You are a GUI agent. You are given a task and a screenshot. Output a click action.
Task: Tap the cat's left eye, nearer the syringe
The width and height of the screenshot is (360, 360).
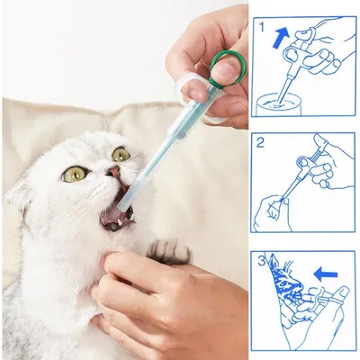tap(120, 155)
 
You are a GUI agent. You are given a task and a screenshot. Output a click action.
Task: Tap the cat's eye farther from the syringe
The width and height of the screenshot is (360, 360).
tap(74, 174)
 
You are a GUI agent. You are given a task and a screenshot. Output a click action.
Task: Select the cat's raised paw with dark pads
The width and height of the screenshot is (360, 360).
tap(166, 251)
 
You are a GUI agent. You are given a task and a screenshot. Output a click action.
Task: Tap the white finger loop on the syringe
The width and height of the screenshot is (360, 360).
tap(192, 88)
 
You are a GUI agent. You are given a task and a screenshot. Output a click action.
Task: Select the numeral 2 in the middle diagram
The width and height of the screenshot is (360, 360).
tap(259, 142)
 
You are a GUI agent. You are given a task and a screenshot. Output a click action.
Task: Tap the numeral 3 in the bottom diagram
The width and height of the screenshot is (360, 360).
tap(259, 261)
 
